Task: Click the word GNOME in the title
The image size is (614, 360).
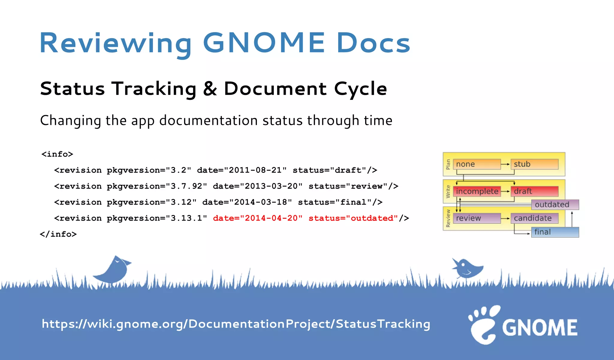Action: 264,43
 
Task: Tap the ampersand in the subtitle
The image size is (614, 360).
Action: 210,89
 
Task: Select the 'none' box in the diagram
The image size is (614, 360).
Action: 476,164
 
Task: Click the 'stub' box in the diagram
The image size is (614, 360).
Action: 534,164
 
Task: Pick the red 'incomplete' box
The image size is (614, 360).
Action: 477,191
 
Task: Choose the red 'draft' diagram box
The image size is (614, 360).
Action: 534,191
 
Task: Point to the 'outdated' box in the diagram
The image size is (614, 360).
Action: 555,205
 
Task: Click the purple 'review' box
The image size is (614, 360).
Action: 476,218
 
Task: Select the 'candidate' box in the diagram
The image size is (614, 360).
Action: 534,218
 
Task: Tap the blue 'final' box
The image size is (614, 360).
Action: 555,232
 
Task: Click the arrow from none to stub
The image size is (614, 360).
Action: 505,164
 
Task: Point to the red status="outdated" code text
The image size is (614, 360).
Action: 353,218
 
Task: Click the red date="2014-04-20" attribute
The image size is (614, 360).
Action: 258,218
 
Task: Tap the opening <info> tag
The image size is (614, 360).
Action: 57,154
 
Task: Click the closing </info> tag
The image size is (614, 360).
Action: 58,234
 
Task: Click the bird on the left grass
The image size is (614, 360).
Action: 113,269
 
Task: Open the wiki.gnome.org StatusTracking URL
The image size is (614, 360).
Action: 236,324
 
